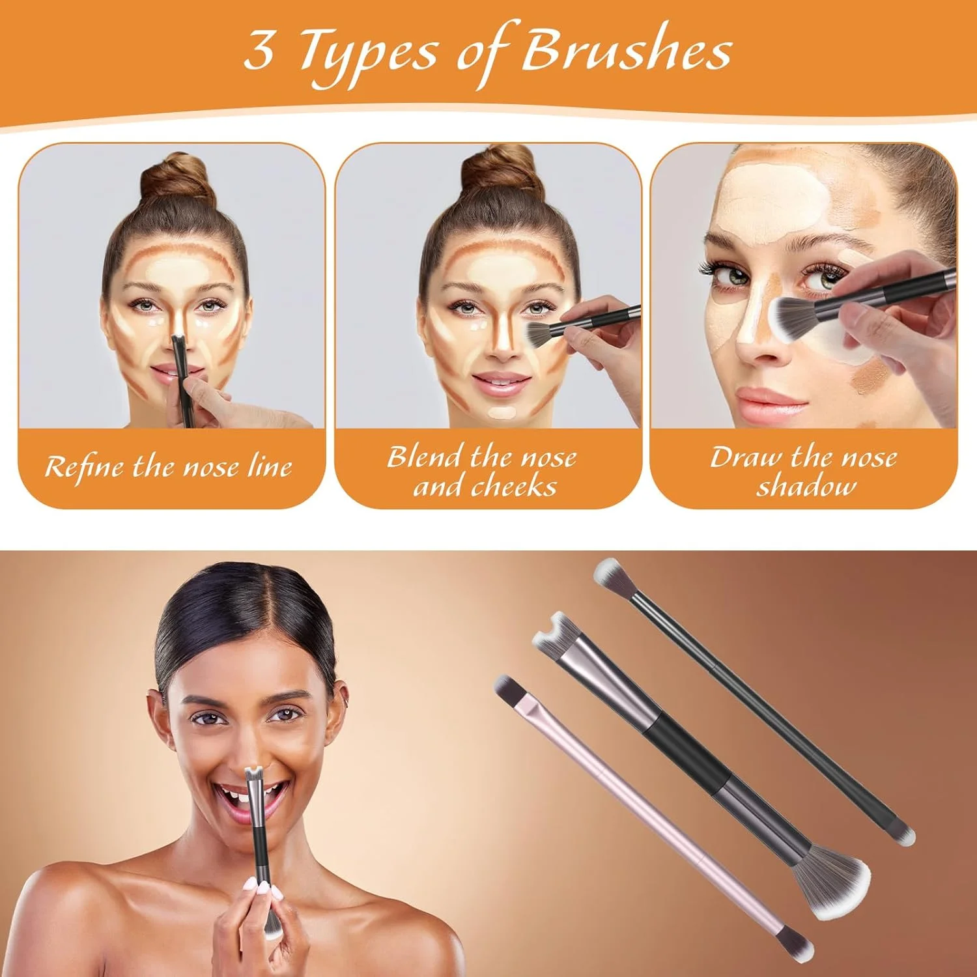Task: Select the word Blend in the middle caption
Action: click(427, 457)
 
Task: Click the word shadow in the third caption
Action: click(806, 487)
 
